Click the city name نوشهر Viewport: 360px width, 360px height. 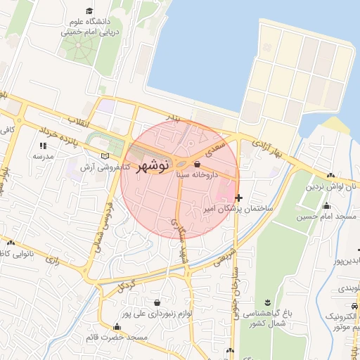pos(148,166)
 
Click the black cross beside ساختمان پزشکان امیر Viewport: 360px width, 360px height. pos(240,198)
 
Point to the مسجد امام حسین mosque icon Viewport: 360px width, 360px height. pos(326,206)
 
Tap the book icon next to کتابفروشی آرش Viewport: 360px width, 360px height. pos(105,155)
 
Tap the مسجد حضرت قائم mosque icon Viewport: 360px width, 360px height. pos(117,326)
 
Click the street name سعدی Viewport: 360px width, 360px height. pos(215,148)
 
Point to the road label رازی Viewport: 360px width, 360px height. pos(53,261)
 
